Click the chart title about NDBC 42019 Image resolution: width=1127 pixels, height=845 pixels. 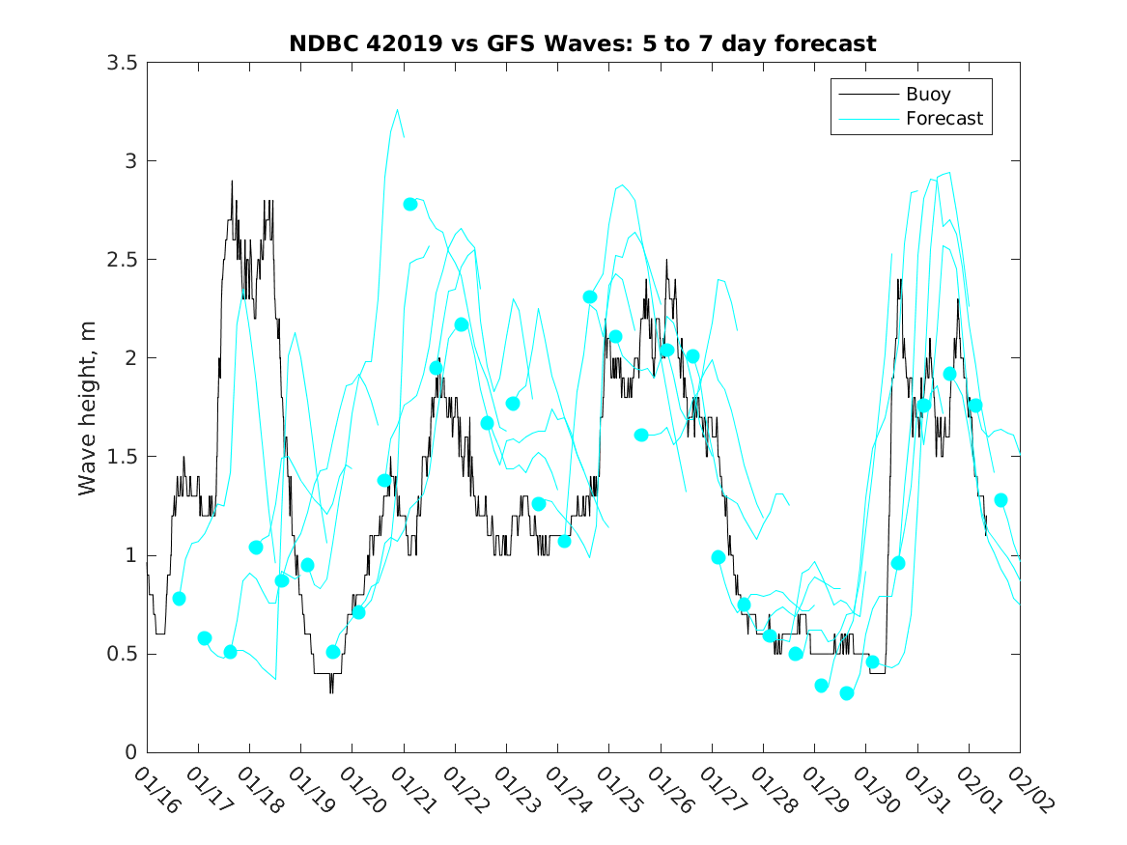click(x=582, y=43)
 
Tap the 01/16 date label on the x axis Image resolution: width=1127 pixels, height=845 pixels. click(x=156, y=789)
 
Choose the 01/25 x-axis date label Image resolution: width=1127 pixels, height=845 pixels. click(x=619, y=789)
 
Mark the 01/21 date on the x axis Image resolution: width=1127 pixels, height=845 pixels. click(x=413, y=789)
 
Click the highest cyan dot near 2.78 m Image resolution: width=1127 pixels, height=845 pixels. click(x=410, y=204)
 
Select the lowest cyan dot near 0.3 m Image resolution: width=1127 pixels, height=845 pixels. click(x=847, y=693)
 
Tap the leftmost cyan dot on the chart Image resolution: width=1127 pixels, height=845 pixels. click(x=179, y=599)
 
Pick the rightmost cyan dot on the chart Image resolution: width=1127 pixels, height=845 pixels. click(x=1001, y=500)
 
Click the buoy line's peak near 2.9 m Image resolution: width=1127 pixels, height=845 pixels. click(x=232, y=182)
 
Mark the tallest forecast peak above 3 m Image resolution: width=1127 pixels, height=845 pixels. click(x=397, y=110)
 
